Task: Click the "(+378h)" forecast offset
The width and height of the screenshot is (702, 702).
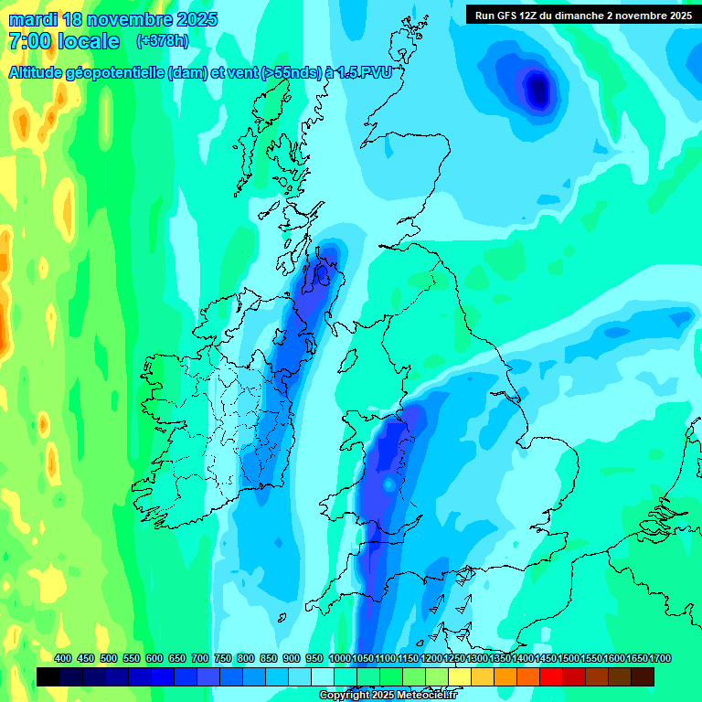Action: click(x=163, y=41)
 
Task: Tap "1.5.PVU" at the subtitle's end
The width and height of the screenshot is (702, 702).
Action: click(x=361, y=74)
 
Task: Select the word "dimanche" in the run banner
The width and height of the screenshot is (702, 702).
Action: click(x=588, y=15)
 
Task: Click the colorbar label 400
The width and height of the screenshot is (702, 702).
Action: click(x=63, y=658)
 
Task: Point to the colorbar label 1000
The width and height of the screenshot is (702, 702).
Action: click(x=339, y=658)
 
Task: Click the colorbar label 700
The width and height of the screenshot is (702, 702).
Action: click(x=200, y=658)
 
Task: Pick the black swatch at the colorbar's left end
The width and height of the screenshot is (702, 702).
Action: click(x=48, y=676)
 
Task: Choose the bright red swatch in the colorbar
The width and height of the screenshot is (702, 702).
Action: click(x=551, y=676)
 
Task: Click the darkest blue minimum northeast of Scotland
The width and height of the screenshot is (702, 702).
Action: click(x=538, y=90)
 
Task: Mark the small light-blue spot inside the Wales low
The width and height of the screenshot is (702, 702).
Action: click(x=388, y=483)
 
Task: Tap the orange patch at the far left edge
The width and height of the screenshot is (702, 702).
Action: click(x=4, y=329)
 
